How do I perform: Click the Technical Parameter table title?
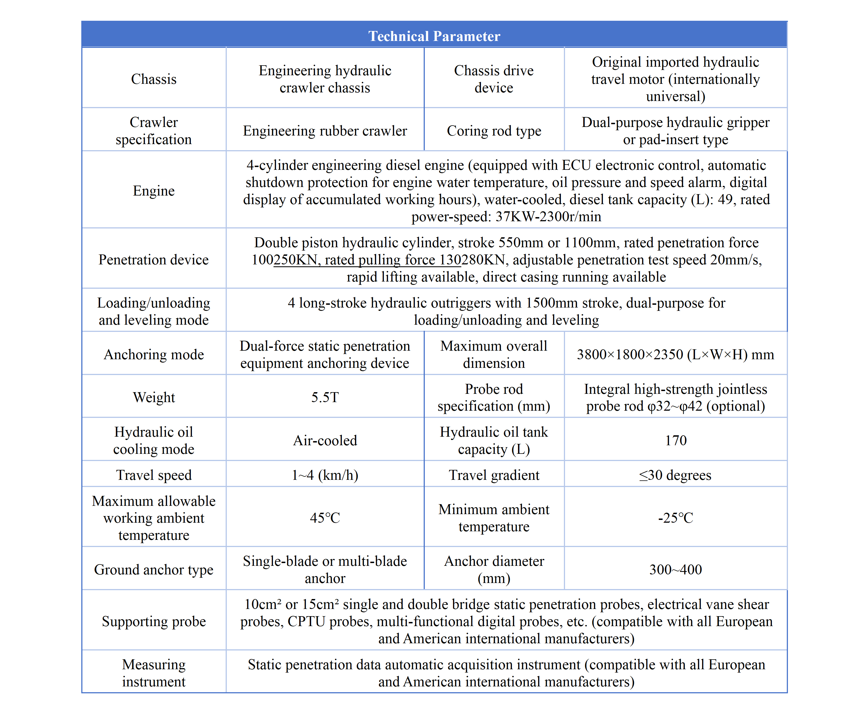[434, 36]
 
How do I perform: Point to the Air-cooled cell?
[325, 440]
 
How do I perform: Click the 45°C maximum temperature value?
[325, 517]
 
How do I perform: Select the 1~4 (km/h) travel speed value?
[325, 475]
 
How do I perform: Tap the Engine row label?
[153, 191]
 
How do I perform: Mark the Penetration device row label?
[153, 259]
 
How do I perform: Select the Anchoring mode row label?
[153, 354]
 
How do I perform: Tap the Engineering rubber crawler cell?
[325, 131]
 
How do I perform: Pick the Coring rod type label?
[494, 131]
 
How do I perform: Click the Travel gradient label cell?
[494, 475]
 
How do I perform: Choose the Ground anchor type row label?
[153, 569]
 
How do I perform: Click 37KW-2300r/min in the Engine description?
[548, 216]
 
